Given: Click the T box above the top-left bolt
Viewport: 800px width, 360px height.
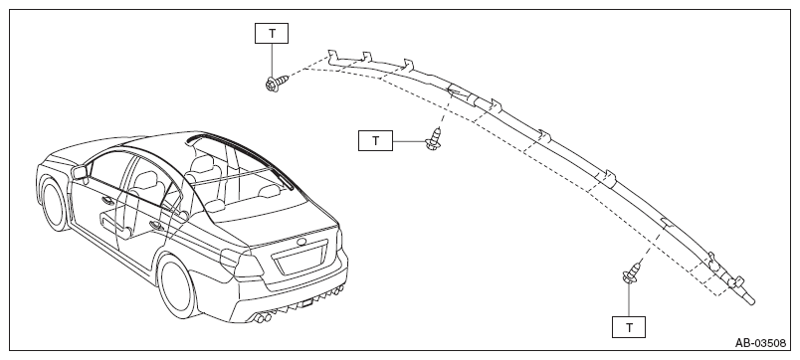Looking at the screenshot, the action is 272,33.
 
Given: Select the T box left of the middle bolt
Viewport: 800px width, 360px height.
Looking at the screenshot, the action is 375,140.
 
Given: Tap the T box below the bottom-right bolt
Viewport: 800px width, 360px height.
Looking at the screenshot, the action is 629,327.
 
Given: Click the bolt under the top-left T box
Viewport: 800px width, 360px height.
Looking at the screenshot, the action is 276,83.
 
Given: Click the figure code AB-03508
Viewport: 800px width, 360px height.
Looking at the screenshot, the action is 760,343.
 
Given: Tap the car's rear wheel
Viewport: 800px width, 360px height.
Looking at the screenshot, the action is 176,286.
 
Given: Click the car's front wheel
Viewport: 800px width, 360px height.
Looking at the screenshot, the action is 54,203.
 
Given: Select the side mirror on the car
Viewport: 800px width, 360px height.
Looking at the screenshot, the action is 80,172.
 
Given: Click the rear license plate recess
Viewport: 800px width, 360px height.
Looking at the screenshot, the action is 301,259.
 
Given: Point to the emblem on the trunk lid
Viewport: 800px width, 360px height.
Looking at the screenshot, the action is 302,241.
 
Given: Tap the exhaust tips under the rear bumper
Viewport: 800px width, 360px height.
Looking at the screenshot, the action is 262,318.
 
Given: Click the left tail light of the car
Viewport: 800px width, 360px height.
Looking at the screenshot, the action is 241,263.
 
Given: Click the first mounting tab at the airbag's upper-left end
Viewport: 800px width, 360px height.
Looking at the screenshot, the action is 332,55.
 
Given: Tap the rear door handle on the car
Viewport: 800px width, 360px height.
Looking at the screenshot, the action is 154,224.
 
